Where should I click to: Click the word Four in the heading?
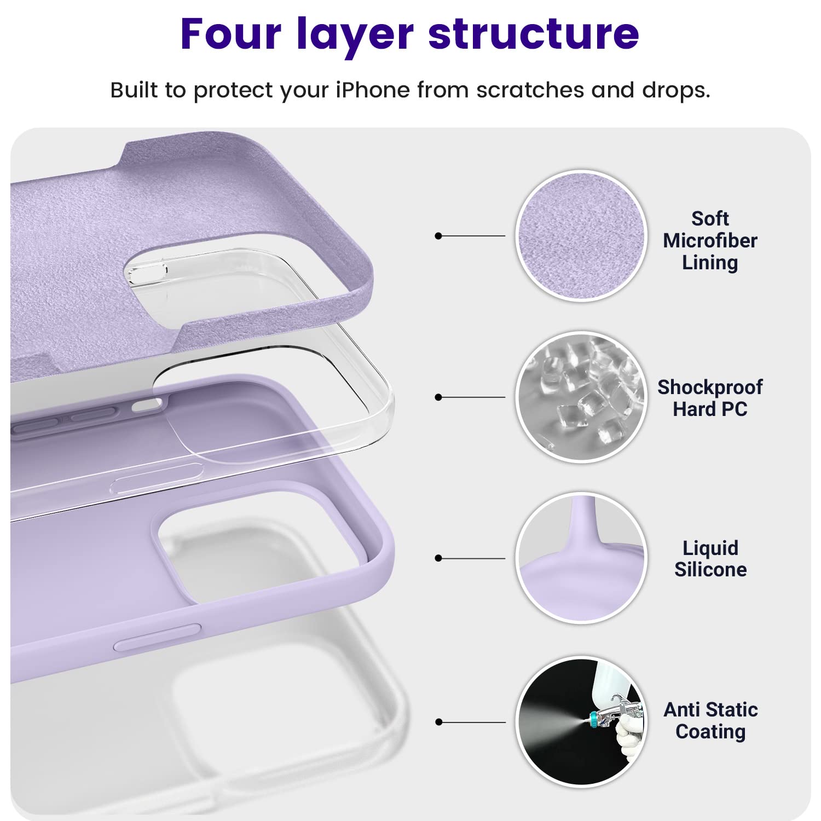231,34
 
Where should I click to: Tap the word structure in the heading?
534,34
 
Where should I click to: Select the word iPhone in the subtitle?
372,90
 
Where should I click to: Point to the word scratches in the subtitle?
530,90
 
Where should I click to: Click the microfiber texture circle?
581,236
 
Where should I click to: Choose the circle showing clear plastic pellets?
581,397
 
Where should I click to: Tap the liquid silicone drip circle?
581,558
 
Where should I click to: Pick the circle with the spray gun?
581,721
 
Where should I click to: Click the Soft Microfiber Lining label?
710,240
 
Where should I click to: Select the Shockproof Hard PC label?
710,398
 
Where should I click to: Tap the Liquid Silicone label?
710,559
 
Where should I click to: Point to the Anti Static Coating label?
710,720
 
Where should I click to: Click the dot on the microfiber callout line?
438,236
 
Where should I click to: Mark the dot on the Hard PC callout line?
438,397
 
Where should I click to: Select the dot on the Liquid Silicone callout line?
438,558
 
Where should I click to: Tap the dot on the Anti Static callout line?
438,722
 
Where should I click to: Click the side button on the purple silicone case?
157,637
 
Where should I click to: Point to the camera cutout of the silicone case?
257,547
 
